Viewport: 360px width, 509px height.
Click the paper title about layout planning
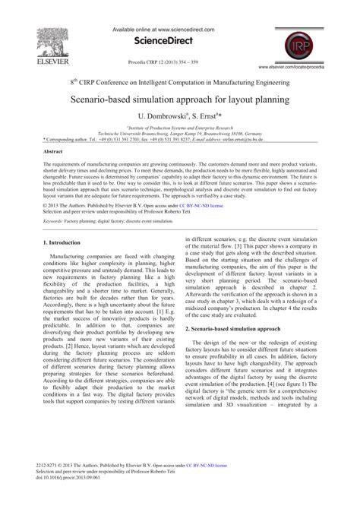click(x=179, y=99)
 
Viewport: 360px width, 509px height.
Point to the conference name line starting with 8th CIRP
click(x=179, y=80)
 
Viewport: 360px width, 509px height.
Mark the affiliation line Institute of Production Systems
click(x=180, y=128)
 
